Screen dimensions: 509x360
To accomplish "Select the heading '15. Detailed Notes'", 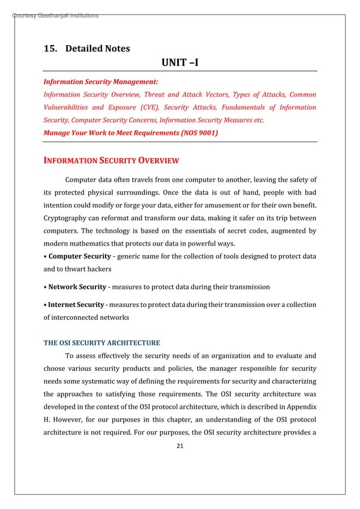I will pyautogui.click(x=87, y=49).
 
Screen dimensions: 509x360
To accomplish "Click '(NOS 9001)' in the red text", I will pyautogui.click(x=197, y=133).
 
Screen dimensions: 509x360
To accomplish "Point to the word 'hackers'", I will pyautogui.click(x=100, y=270).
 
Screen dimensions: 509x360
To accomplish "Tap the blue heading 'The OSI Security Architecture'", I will pyautogui.click(x=102, y=343).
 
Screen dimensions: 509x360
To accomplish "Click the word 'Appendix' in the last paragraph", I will pyautogui.click(x=301, y=406).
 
